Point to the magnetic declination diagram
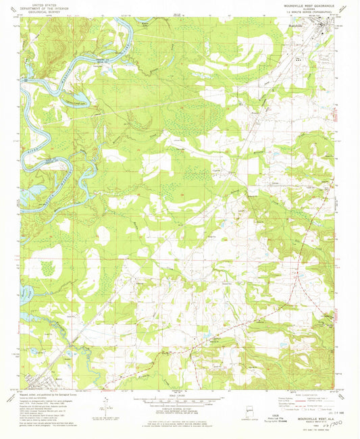[107, 405]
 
